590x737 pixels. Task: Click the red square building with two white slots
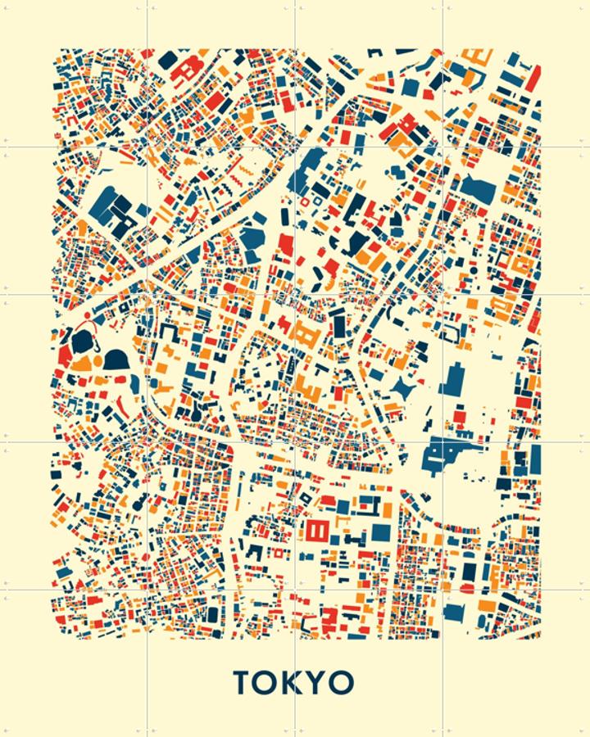pyautogui.click(x=316, y=531)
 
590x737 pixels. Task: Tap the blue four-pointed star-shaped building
pyautogui.click(x=402, y=388)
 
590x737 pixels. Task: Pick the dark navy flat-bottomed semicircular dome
pyautogui.click(x=116, y=359)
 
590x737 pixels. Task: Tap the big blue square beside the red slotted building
pyautogui.click(x=380, y=532)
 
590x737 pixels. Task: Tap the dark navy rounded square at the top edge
pyautogui.click(x=167, y=61)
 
